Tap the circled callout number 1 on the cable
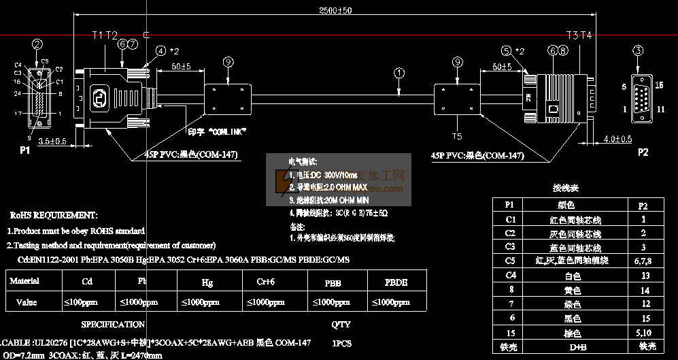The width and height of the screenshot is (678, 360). point(399,72)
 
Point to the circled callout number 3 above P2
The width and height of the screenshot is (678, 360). point(638,50)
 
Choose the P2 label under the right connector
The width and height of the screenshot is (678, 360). point(643,152)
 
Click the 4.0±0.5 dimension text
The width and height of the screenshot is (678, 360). point(617,140)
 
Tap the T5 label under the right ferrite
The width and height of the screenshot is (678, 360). point(456,125)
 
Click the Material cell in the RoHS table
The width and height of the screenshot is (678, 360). point(24,280)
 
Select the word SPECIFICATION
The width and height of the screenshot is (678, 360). point(113,325)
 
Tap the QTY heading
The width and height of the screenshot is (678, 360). point(341,325)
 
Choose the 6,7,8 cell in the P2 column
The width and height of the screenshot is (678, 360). point(643,261)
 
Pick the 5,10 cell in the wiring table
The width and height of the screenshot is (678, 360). point(643,334)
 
